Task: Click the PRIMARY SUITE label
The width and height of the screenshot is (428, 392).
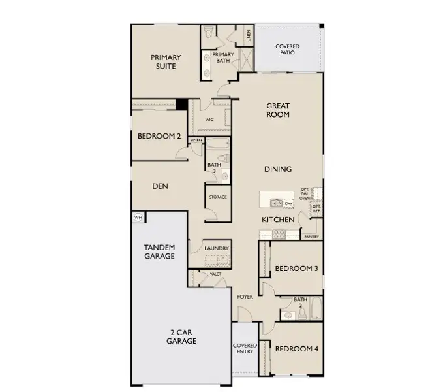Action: (166, 61)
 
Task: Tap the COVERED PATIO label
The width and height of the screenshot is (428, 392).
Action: (287, 50)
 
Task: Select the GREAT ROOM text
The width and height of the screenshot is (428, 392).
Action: (278, 110)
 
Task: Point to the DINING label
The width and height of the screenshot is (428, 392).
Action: (278, 169)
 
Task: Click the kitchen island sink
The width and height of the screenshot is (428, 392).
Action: (277, 203)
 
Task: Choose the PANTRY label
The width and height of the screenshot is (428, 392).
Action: (311, 237)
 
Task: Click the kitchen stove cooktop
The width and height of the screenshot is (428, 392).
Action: (317, 194)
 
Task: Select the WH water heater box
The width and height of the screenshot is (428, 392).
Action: (138, 218)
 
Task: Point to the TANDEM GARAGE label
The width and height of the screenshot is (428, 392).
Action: (159, 252)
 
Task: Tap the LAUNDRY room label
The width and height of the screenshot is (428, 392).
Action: (216, 248)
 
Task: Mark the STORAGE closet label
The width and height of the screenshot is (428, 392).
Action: (218, 197)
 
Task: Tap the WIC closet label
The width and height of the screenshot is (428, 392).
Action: (209, 120)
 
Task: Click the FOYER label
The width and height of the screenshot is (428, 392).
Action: (245, 297)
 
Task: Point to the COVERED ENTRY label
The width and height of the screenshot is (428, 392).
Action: (245, 348)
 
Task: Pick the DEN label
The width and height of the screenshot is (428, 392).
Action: (160, 186)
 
